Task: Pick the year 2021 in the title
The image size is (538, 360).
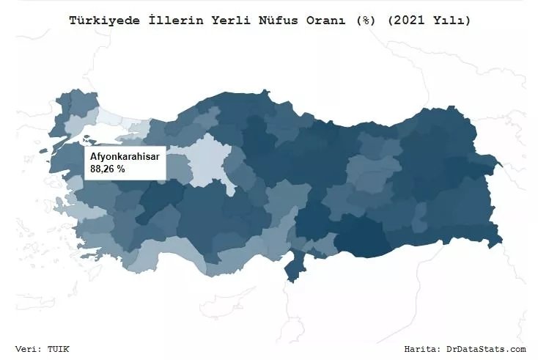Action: (402, 21)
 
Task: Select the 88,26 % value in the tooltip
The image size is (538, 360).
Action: (108, 169)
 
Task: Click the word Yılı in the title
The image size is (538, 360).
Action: (446, 21)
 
